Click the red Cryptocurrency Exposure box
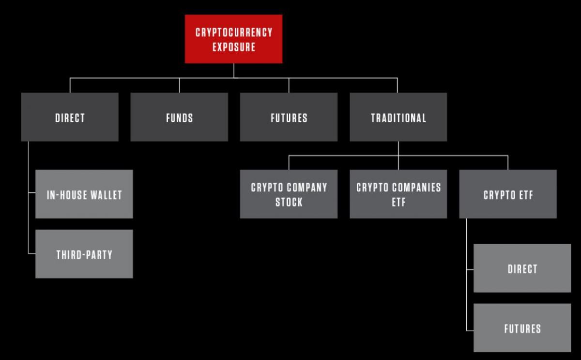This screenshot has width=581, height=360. (233, 39)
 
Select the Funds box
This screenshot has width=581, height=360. (179, 117)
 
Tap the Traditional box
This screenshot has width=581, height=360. (398, 117)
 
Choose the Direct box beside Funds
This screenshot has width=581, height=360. (70, 117)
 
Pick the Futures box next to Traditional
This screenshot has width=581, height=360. (289, 117)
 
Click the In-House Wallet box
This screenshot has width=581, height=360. (84, 194)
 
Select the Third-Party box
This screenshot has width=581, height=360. (84, 254)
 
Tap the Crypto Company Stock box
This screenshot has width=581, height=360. (289, 194)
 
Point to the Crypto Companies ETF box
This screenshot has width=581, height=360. (398, 194)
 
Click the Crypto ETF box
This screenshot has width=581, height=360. (508, 194)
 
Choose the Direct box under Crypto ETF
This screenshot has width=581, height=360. (522, 268)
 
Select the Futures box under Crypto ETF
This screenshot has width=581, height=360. (522, 328)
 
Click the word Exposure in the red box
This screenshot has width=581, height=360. (234, 47)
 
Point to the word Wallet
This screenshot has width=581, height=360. (107, 195)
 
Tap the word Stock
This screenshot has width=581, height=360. (289, 202)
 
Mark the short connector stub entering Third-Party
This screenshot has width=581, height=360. (32, 253)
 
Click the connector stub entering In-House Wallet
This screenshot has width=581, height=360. (32, 192)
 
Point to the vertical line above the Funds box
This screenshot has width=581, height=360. (179, 85)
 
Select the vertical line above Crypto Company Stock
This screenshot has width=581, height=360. (289, 163)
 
